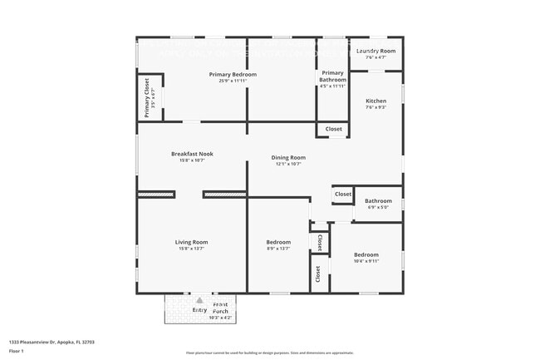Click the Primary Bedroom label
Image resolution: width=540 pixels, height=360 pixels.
[x=233, y=75]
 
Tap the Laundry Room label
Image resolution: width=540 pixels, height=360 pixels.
[x=376, y=52]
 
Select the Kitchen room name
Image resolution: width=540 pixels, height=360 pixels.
[x=376, y=101]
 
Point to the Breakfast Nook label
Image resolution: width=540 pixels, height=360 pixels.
[x=192, y=154]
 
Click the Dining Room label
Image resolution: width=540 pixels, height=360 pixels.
[x=288, y=157]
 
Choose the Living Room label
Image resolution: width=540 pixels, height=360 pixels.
[x=191, y=242]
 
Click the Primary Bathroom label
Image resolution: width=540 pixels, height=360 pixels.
[x=332, y=76]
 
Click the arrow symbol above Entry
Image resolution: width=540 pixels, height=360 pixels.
[x=199, y=299]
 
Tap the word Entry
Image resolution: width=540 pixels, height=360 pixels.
[x=199, y=310]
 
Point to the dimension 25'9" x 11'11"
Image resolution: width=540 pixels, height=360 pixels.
[x=233, y=81]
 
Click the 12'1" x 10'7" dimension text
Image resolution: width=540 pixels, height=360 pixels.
[x=288, y=164]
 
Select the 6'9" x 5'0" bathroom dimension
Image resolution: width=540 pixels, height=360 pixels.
[x=378, y=207]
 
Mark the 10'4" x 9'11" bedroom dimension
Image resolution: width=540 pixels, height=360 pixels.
[x=366, y=261]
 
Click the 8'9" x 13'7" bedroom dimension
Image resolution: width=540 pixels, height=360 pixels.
[x=278, y=249]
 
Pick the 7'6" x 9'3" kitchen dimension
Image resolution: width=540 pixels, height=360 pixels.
[x=376, y=107]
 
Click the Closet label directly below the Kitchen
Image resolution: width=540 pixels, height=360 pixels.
[x=333, y=129]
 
